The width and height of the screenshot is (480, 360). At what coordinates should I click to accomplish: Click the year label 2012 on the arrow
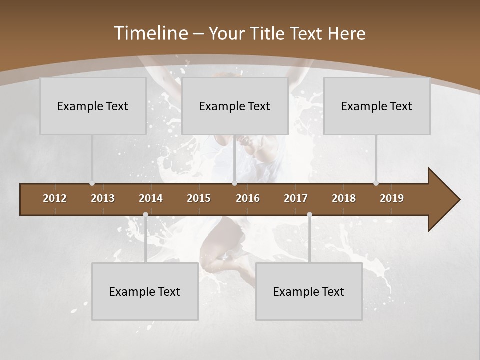(55, 198)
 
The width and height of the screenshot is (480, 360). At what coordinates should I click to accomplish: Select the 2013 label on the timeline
(103, 198)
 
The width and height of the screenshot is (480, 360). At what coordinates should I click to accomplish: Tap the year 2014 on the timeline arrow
(151, 198)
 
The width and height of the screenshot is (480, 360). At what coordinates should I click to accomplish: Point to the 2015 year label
(199, 198)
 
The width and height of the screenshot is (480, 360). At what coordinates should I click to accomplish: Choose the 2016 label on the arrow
(248, 198)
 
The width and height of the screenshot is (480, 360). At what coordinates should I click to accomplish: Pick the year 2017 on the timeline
(296, 198)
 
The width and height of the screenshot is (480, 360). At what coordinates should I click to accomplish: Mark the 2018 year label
(344, 198)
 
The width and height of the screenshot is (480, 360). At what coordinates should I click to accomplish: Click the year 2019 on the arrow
(392, 198)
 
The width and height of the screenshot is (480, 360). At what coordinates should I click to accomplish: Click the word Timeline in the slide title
(150, 33)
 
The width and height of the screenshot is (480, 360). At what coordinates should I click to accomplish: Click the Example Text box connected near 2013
(93, 106)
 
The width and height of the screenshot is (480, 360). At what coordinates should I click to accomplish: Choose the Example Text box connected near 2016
(235, 106)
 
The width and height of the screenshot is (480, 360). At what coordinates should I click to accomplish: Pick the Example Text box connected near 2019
(377, 106)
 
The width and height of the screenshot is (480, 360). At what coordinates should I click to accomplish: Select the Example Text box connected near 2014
(145, 291)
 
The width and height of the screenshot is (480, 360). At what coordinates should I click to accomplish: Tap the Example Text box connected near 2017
(309, 291)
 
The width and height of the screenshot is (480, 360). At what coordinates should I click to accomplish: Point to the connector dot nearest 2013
(92, 183)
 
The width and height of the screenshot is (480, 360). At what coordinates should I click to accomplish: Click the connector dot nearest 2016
(234, 183)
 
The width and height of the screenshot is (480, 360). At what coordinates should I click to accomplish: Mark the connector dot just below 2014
(145, 215)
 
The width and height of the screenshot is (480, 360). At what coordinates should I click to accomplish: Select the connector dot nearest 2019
(376, 183)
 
